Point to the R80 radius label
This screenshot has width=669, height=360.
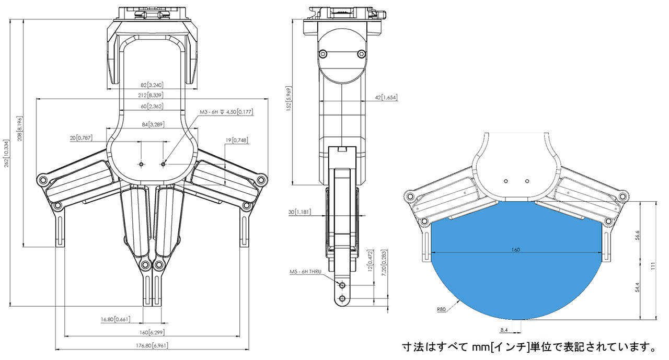441,309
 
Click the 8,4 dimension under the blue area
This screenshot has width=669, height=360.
504,330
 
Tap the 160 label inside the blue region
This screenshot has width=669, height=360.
515,250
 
